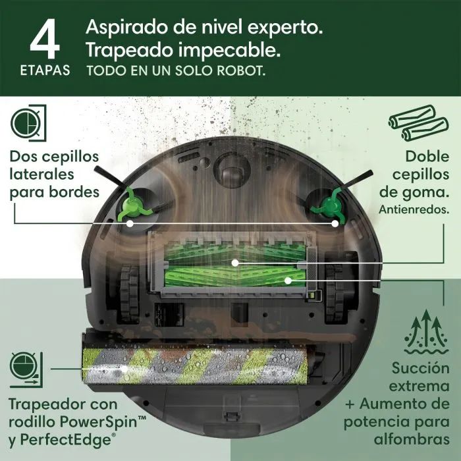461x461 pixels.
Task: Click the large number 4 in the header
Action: pos(45,38)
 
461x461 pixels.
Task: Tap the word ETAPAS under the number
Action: pos(45,70)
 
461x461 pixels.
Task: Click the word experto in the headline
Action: pos(285,28)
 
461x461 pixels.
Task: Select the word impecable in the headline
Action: pos(229,51)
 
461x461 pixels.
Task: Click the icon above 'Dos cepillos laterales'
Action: pos(28,123)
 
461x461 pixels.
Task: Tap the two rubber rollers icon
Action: pos(419,123)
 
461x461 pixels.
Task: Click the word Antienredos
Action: pos(414,209)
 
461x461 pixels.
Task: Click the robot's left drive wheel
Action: pos(130,293)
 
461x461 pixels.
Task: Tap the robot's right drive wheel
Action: pos(335,293)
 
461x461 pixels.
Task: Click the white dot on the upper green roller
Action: pos(235,263)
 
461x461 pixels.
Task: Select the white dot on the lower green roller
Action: pos(288,281)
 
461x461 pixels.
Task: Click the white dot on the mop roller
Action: pos(125,369)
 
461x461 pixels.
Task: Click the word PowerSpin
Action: pos(103,422)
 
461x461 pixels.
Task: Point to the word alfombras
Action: pos(412,439)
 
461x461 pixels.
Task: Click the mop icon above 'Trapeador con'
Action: pos(26,369)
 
